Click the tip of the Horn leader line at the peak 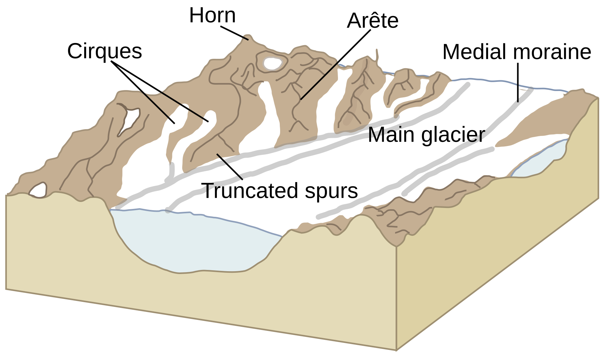248,40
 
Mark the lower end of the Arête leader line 301,100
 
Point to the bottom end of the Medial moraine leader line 518,102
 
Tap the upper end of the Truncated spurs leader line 217,154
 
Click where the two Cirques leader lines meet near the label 111,61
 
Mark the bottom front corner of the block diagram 396,350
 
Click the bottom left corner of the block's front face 6,289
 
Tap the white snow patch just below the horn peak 273,63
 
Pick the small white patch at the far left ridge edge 38,190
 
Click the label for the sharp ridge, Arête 373,21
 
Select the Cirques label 105,51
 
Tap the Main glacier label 426,135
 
